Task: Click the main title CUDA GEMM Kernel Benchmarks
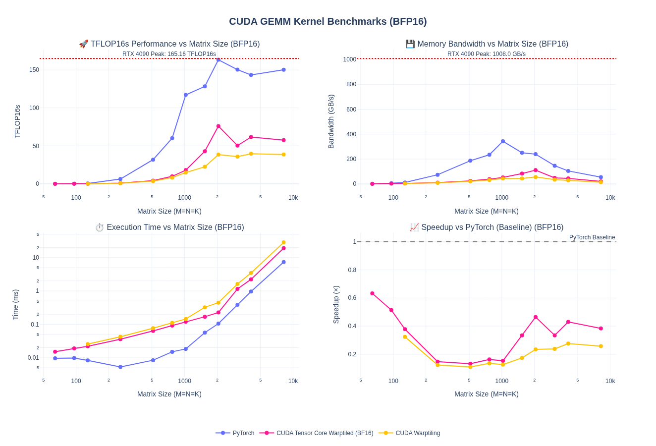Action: (328, 21)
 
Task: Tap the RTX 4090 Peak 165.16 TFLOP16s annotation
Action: (169, 54)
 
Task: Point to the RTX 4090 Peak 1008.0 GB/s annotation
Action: (486, 54)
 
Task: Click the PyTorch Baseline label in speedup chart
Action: (592, 237)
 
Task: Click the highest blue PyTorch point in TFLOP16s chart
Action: (219, 59)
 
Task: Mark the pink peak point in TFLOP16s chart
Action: (219, 126)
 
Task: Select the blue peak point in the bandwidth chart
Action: (503, 141)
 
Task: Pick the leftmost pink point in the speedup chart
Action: (373, 293)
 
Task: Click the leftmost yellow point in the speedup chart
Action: (405, 337)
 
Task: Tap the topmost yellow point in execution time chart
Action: (284, 242)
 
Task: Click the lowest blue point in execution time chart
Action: (120, 367)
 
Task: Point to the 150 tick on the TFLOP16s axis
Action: (34, 70)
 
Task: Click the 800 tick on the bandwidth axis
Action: (351, 84)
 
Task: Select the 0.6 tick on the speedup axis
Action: (352, 298)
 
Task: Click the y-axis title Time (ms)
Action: (15, 305)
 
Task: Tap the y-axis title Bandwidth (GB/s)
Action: (331, 121)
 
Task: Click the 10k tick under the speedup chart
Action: (610, 381)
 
